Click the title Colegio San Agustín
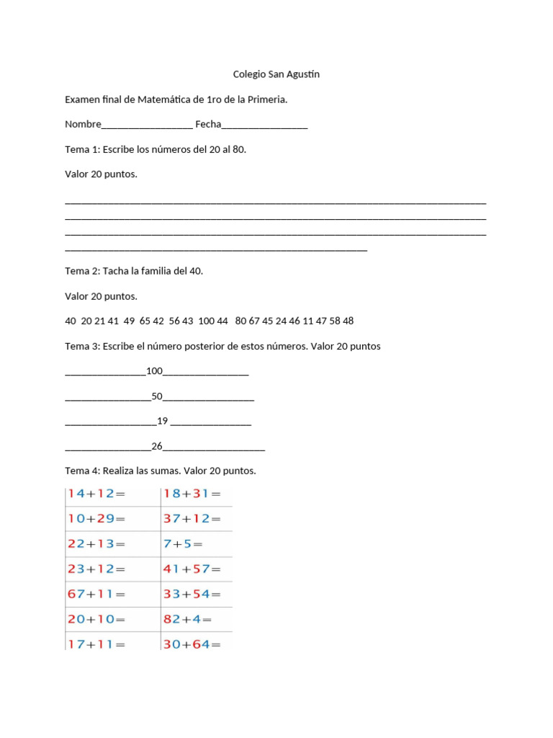coord(276,74)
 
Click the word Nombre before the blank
coord(83,124)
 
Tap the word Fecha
coord(208,124)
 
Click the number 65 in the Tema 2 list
coord(145,321)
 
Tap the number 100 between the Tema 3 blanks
coord(155,371)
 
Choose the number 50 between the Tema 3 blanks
coord(157,396)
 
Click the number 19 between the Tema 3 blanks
coord(162,421)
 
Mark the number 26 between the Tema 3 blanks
coord(157,446)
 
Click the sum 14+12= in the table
coord(96,494)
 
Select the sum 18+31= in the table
coord(192,494)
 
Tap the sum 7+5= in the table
coord(184,544)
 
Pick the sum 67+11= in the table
coord(96,595)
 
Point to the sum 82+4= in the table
coord(187,619)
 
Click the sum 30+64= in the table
coord(192,644)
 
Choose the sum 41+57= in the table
coord(192,569)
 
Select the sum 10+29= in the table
coord(96,519)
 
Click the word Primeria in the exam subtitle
coord(267,99)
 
